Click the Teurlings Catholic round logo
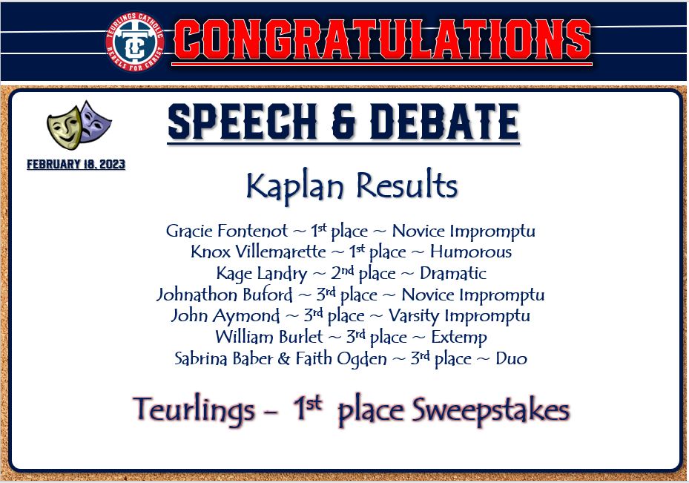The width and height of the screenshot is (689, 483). coord(134,42)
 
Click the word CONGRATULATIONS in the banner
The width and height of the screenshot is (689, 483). coord(382,39)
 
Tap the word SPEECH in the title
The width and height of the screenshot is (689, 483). coord(242,121)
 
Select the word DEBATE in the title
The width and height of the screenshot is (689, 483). coord(445,121)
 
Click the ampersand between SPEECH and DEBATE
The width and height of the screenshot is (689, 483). coord(343,122)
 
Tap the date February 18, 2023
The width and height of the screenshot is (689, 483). coord(76,164)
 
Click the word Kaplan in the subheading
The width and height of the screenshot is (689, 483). coord(295,186)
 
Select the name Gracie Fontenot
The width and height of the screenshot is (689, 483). coord(227,231)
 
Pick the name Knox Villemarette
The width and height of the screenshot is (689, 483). coord(258,252)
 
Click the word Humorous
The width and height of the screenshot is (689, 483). coord(471,252)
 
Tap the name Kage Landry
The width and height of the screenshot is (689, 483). coord(262,273)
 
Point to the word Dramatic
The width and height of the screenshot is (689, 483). coord(453,273)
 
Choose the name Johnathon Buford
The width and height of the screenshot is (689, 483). coord(224,295)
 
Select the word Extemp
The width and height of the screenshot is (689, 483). coord(459,338)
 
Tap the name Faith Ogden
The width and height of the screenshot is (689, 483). coord(341,358)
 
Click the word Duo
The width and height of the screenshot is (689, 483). coord(511,358)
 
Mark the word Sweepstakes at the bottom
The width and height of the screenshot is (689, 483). coord(490,410)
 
